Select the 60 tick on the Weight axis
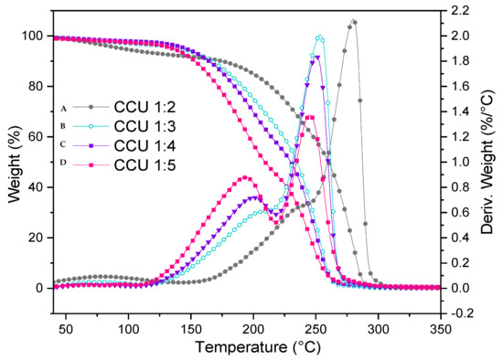25,136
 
